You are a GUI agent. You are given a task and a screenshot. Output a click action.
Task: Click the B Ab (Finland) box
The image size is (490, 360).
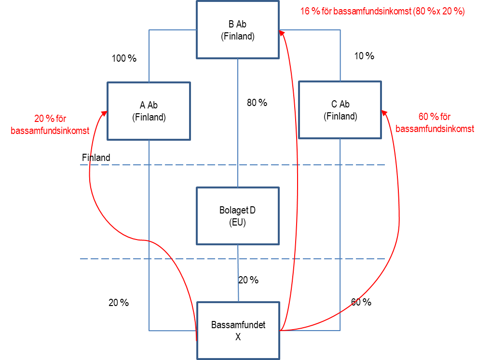238,30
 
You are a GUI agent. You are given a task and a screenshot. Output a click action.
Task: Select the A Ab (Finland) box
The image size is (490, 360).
149,111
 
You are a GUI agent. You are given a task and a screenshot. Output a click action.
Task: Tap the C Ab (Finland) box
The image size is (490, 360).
340,110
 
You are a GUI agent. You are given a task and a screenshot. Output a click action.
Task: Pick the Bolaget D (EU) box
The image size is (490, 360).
238,216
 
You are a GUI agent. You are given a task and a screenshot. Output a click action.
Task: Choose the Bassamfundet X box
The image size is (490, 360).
238,331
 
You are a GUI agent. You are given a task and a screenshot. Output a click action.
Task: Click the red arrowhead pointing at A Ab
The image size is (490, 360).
104,113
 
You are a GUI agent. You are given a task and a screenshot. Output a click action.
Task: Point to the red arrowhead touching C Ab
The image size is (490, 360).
384,112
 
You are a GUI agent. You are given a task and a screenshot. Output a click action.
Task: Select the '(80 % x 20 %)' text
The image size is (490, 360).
439,12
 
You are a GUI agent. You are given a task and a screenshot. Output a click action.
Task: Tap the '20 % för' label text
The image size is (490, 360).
50,119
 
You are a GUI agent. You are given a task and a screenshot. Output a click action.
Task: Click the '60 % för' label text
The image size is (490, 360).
434,117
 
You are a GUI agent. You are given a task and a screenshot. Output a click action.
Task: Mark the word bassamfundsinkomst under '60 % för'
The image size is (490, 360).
435,129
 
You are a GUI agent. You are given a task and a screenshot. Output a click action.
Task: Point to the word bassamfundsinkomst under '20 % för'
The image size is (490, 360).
50,130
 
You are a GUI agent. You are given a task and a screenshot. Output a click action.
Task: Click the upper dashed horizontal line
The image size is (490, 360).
231,165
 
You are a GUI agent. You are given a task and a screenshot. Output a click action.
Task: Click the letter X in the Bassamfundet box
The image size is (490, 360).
238,337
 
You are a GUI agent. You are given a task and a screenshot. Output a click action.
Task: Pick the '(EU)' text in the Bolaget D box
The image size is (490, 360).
238,223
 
